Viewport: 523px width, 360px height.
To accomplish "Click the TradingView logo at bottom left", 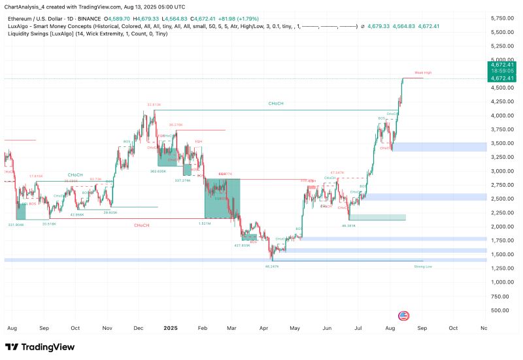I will [39, 347].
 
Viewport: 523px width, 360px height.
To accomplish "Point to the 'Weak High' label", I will [422, 73].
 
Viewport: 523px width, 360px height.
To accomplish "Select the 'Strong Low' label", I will [422, 267].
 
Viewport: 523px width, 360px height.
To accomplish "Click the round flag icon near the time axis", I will [403, 314].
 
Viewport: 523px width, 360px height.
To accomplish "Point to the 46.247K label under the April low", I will [272, 267].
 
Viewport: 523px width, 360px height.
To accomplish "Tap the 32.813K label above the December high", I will [154, 105].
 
